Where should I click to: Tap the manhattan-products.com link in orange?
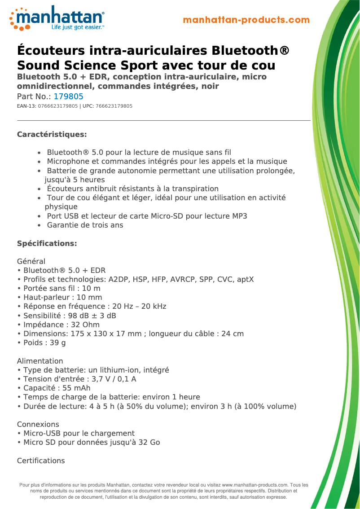(246, 20)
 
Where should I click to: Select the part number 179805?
(68, 97)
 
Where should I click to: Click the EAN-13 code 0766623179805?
(58, 106)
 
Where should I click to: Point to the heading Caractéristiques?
(52, 134)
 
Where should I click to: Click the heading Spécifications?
(47, 243)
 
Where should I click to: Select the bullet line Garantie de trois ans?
(85, 225)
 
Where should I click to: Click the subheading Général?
(31, 261)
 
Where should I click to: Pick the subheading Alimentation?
(40, 361)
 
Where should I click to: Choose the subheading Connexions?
(38, 424)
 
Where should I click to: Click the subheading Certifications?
(41, 461)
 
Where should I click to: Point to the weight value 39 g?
(57, 343)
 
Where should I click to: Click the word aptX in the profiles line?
(245, 280)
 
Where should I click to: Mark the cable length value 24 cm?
(233, 333)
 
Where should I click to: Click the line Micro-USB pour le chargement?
(79, 433)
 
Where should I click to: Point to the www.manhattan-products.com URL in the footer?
(255, 485)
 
